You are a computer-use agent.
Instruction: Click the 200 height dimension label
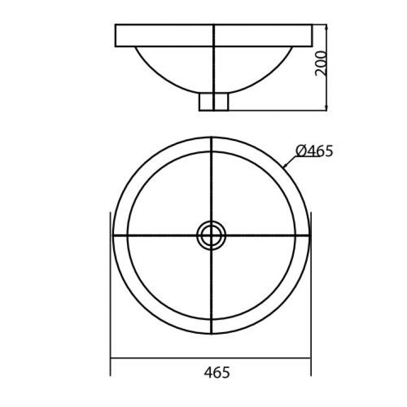pyautogui.click(x=322, y=64)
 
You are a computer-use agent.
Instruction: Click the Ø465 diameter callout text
pyautogui.click(x=314, y=150)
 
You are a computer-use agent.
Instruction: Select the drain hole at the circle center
pyautogui.click(x=211, y=235)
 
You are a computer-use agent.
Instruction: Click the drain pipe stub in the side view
pyautogui.click(x=213, y=102)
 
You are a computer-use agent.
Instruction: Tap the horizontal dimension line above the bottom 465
pyautogui.click(x=165, y=359)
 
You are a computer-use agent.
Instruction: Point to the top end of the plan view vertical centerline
pyautogui.click(x=212, y=139)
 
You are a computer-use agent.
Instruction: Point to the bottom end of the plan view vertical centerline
pyautogui.click(x=212, y=332)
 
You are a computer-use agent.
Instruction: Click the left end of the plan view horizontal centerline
pyautogui.click(x=114, y=235)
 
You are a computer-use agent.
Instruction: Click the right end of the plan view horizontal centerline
pyautogui.click(x=308, y=235)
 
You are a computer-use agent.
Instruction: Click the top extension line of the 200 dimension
pyautogui.click(x=320, y=24)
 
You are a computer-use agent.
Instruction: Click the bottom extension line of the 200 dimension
pyautogui.click(x=275, y=111)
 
